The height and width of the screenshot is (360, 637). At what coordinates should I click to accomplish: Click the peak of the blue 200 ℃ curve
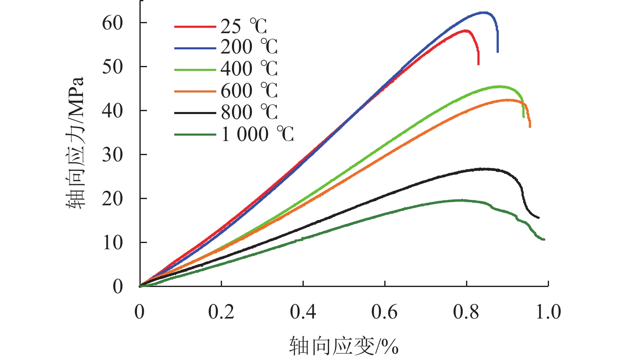coord(484,12)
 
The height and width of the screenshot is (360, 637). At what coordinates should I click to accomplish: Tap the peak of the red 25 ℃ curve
coord(466,30)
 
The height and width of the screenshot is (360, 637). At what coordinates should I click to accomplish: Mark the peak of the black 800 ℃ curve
coord(481,169)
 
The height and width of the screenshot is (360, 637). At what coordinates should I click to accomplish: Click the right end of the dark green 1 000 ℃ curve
coord(544,239)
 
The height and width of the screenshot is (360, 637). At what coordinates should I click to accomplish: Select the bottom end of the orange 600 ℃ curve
coord(530,126)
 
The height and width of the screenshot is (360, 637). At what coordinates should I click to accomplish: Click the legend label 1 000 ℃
coord(257,134)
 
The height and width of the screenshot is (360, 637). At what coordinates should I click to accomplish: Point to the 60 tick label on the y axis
coord(112,23)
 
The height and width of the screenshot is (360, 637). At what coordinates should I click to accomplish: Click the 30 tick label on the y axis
coord(112,155)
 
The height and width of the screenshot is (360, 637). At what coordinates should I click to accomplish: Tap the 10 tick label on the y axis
coord(112,243)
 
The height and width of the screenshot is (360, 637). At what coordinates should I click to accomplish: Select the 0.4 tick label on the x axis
coord(303,312)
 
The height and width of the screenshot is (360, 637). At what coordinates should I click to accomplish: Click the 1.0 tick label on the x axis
coord(548,312)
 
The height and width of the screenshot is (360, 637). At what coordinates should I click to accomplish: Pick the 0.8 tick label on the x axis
coord(466,312)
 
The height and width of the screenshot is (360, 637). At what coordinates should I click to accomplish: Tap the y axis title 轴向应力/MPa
coord(76,143)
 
